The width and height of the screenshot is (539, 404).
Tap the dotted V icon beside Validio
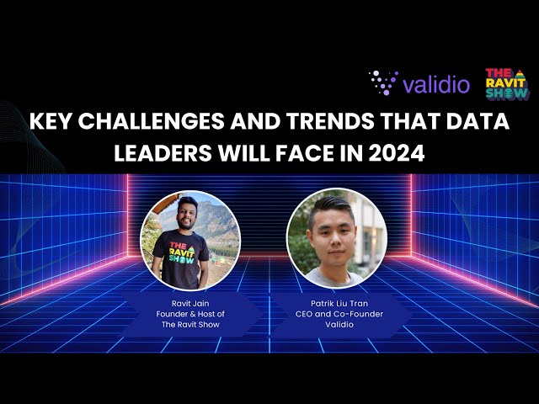[383, 82]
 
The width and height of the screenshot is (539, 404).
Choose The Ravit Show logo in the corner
[507, 84]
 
